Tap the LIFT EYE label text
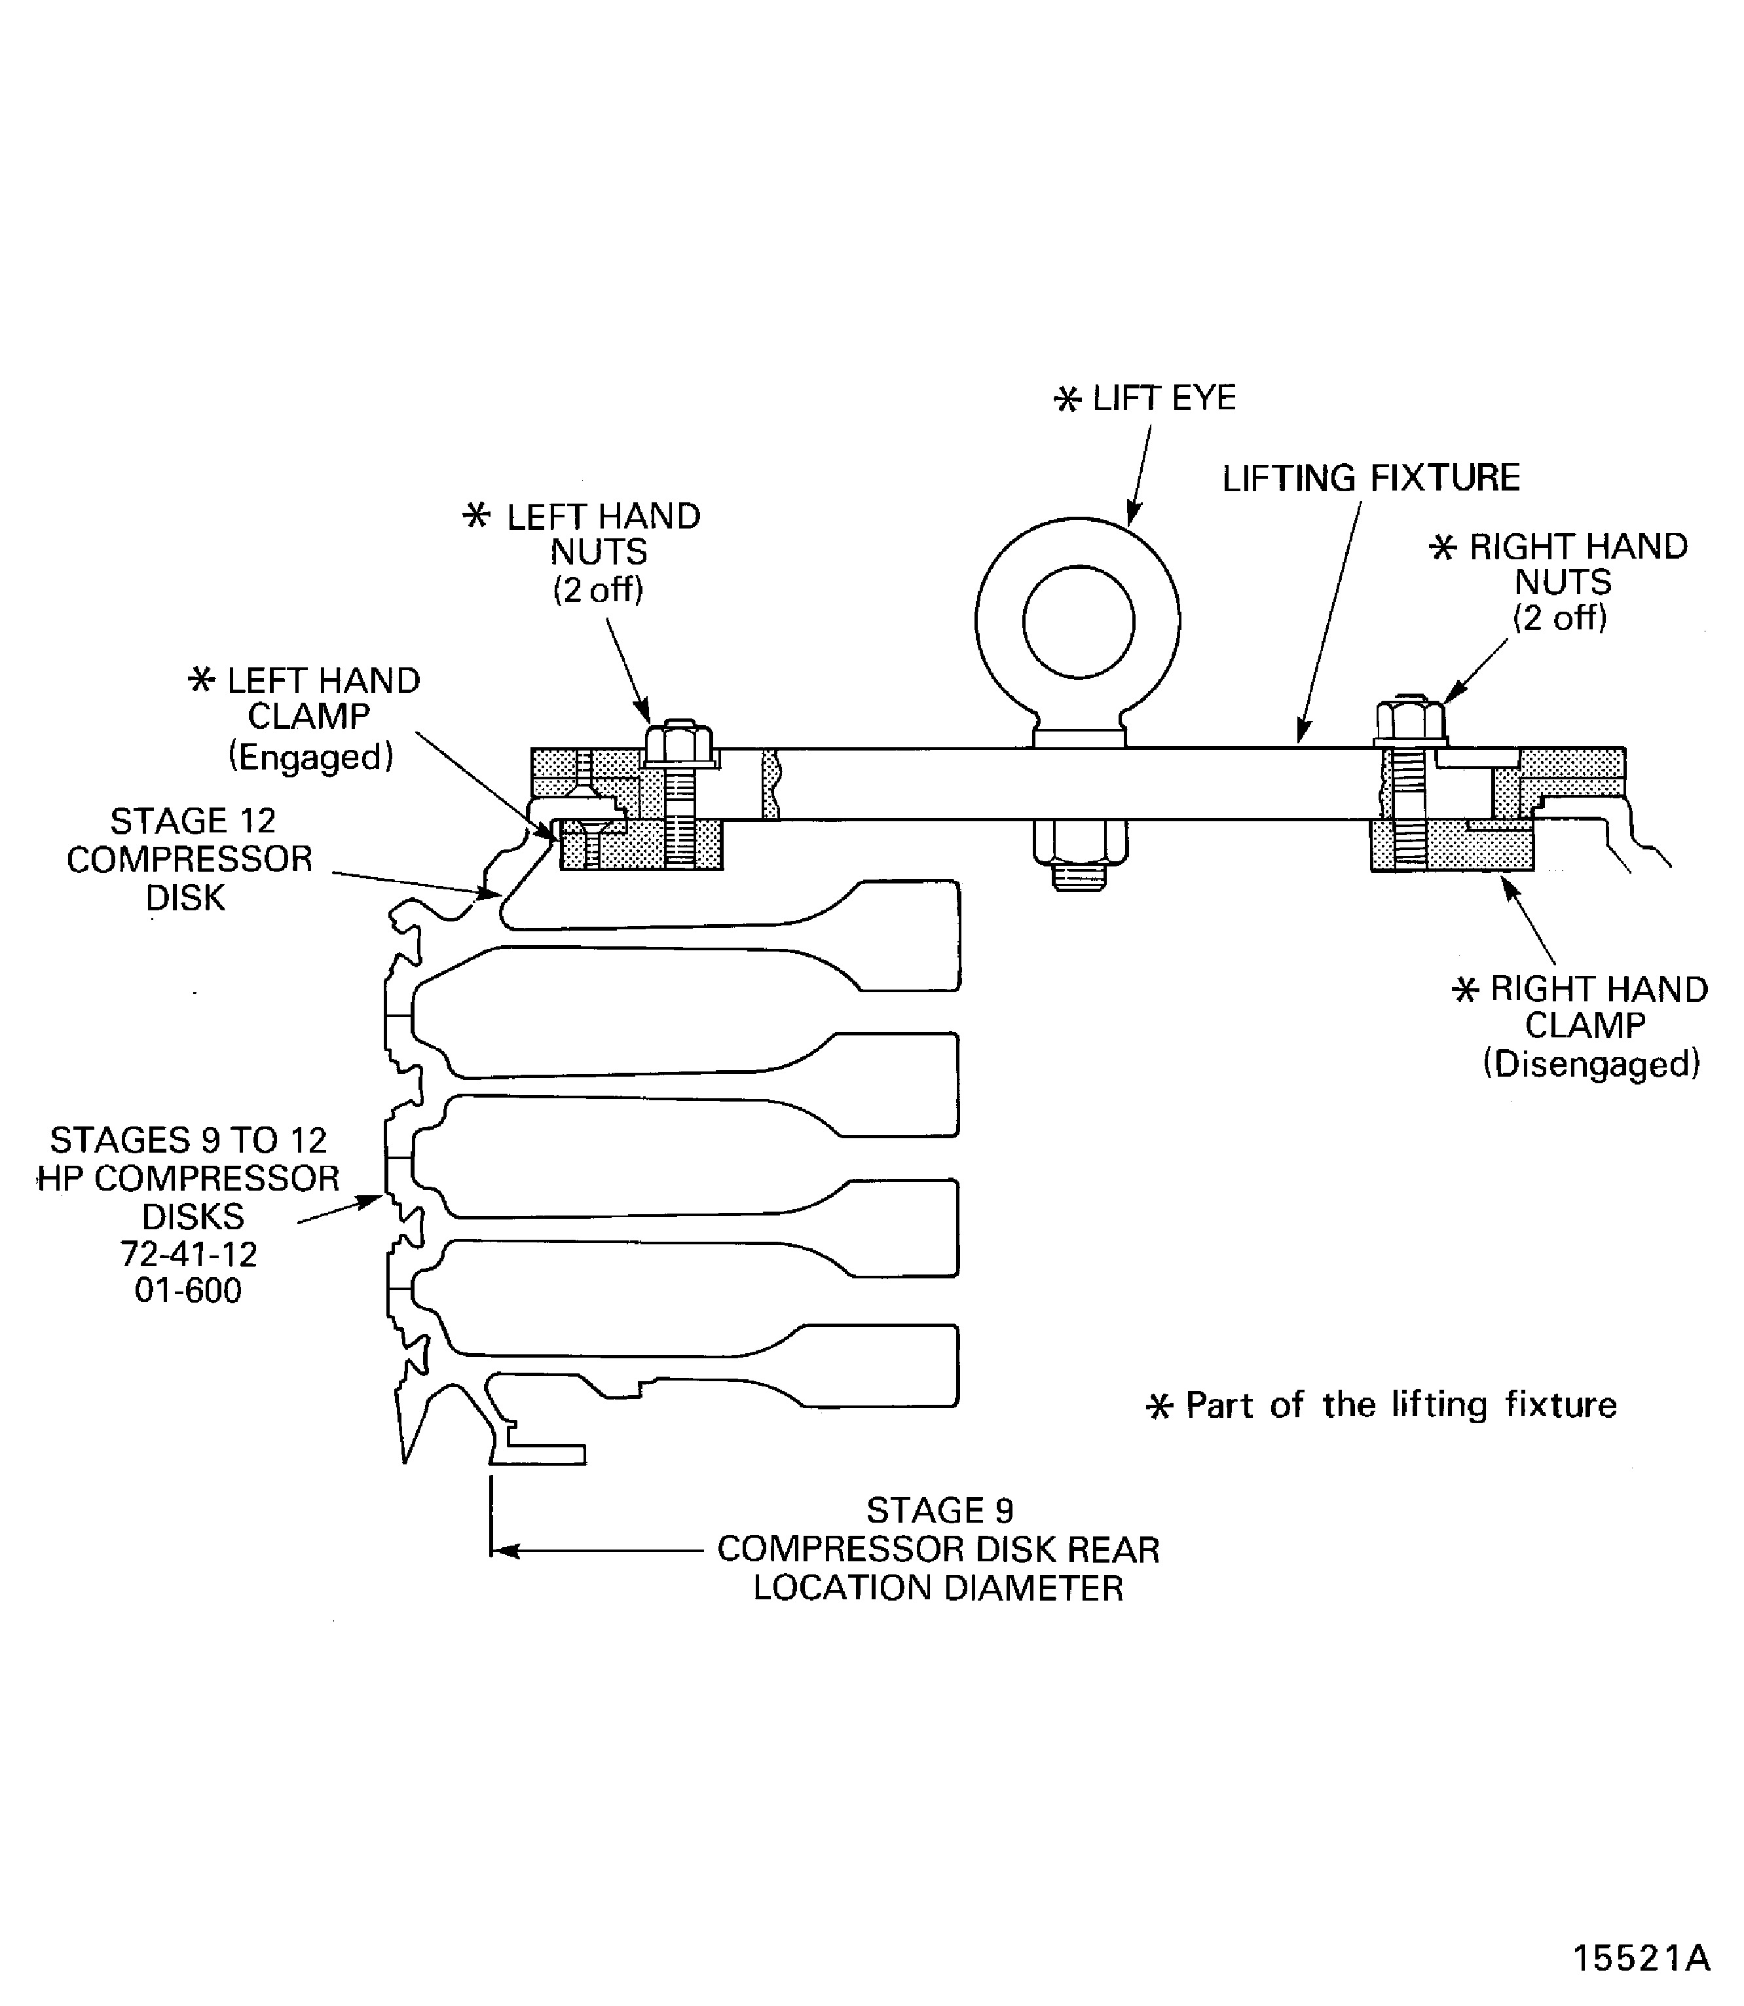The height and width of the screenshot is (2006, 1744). coord(1163,398)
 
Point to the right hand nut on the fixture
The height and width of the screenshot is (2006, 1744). coord(1409,721)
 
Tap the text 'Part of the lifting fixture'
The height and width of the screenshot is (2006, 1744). coord(1400,1405)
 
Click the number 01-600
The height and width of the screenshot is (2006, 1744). coord(188,1291)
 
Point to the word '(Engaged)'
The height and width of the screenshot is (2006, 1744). coord(310,756)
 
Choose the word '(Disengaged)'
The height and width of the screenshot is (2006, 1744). coord(1591,1064)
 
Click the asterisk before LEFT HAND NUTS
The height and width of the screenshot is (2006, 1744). coord(477,516)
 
